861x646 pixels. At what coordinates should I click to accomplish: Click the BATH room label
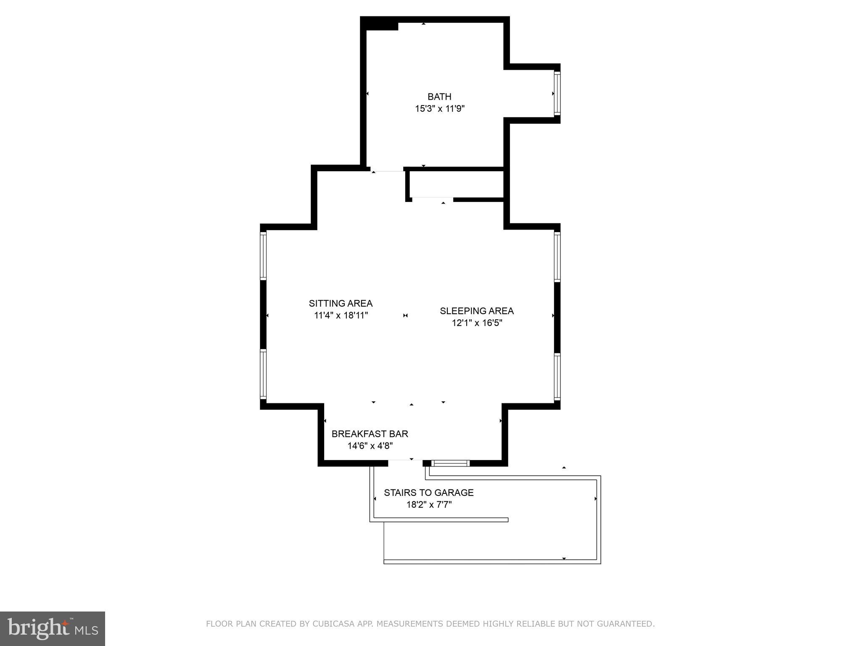[439, 96]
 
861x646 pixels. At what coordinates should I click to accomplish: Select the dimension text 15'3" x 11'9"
[439, 109]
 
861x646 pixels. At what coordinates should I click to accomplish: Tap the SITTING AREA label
[341, 303]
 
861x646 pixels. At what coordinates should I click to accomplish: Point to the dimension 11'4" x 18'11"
[341, 315]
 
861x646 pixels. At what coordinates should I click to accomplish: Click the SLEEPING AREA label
[477, 311]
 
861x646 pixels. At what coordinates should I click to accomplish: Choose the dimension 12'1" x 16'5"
[477, 323]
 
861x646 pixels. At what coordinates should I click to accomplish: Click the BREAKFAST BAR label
[370, 434]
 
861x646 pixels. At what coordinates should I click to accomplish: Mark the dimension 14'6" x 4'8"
[370, 446]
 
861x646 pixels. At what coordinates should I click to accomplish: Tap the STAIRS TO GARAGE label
[428, 492]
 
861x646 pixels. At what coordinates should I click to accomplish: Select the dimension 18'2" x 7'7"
[428, 505]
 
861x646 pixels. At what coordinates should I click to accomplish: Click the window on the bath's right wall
[557, 93]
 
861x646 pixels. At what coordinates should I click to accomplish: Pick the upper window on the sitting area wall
[263, 256]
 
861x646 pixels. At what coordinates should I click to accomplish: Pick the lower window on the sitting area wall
[263, 374]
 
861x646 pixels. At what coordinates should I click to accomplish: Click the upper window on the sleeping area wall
[557, 257]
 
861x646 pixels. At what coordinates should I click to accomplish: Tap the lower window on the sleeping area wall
[557, 376]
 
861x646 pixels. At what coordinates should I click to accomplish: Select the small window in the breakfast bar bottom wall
[451, 463]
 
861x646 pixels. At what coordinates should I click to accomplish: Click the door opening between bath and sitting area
[387, 170]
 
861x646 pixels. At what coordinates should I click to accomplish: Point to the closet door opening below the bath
[432, 199]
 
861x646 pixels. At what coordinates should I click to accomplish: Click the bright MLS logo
[52, 628]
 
